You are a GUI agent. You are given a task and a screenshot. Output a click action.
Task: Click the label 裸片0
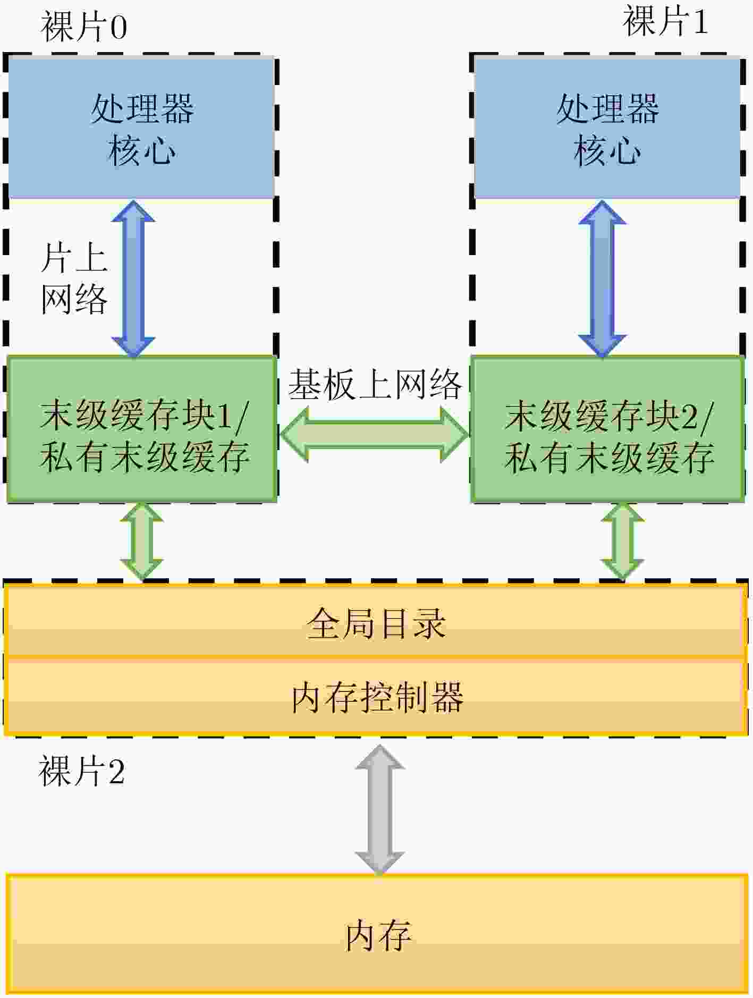(x=84, y=27)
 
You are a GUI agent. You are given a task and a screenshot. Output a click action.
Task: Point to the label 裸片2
(x=82, y=771)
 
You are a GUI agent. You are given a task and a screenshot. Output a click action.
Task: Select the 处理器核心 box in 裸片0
(x=141, y=128)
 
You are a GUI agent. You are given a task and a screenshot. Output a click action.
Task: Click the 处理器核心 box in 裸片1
(x=607, y=128)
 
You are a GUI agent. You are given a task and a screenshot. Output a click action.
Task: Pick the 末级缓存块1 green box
(x=142, y=429)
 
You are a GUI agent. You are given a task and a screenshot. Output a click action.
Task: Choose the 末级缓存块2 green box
(x=607, y=429)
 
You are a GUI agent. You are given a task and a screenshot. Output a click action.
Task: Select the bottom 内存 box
(x=377, y=934)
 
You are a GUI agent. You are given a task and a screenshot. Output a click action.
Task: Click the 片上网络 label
(x=74, y=279)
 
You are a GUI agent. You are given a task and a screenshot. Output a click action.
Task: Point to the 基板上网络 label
(x=375, y=384)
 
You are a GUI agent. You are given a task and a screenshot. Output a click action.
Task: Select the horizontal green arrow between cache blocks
(x=375, y=435)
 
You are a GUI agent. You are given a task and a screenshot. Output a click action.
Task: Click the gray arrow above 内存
(x=380, y=810)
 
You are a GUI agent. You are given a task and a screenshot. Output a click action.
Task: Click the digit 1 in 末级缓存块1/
(x=225, y=416)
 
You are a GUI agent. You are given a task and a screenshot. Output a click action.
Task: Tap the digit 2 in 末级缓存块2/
(x=689, y=416)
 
